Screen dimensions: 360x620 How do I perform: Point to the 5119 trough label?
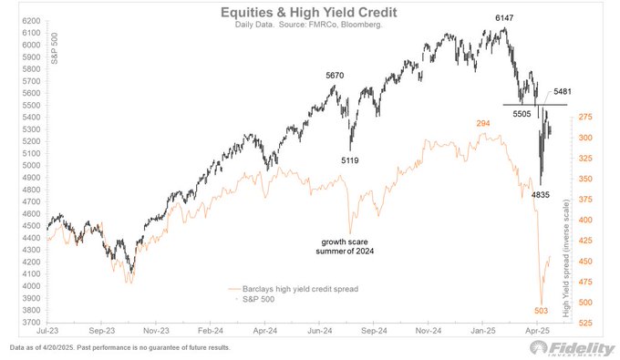point(350,160)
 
